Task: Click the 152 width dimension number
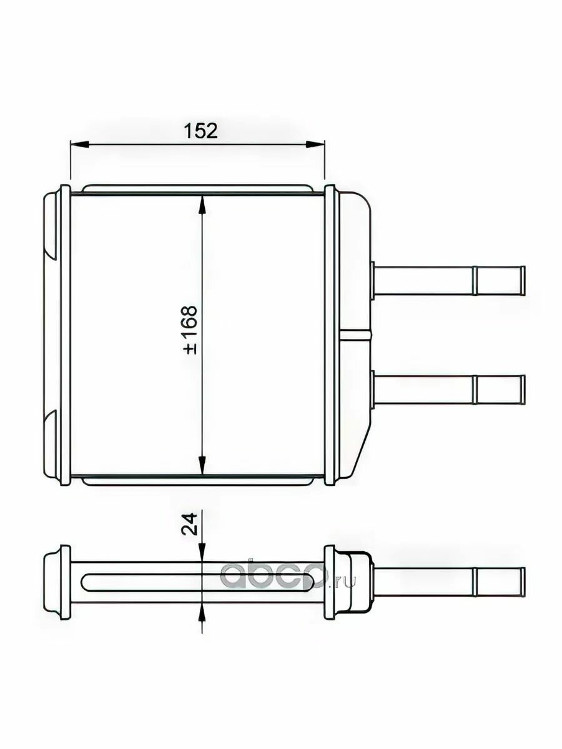coord(200,130)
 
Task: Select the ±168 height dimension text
coord(190,330)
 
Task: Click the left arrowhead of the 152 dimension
coord(80,145)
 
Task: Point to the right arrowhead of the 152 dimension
coord(315,145)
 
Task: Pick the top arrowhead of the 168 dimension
coord(202,205)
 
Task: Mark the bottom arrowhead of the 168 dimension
coord(202,465)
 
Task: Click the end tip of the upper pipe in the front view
coord(525,280)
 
